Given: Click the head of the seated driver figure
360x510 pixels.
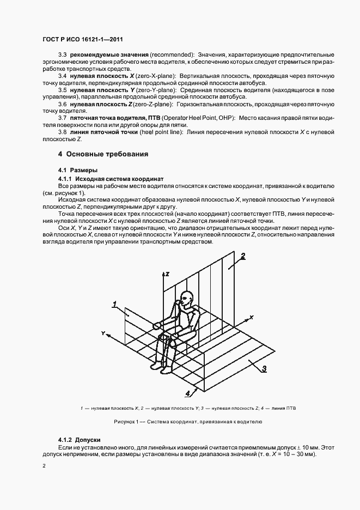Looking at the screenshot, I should tap(186, 299).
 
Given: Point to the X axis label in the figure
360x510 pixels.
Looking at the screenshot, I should tap(252, 317).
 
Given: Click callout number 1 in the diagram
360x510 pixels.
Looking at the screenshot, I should tap(115, 304).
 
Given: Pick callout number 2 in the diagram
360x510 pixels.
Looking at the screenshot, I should tap(243, 256).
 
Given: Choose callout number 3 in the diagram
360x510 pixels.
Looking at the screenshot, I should tap(264, 369).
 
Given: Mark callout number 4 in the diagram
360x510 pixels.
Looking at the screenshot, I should tap(188, 392).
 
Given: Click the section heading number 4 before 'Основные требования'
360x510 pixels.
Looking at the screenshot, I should tap(60, 154).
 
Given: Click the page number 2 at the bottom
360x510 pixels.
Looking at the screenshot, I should tap(44, 466).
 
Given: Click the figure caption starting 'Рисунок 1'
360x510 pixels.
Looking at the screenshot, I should tap(188, 422).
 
